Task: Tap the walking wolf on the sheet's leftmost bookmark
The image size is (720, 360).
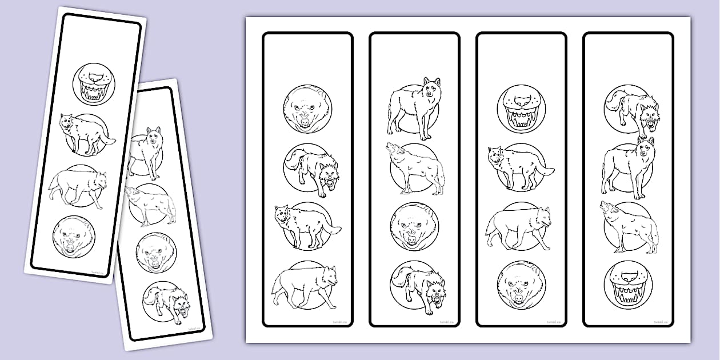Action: tap(305, 284)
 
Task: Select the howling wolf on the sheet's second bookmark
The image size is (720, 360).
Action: tap(415, 167)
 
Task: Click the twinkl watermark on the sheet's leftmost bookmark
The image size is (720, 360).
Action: tap(339, 322)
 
